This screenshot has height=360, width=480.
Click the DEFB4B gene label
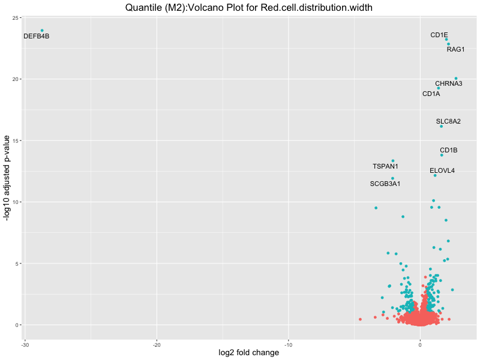pyautogui.click(x=36, y=37)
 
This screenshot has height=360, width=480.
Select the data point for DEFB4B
pyautogui.click(x=42, y=31)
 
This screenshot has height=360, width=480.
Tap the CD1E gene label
pyautogui.click(x=439, y=35)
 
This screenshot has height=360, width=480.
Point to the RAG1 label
pyautogui.click(x=455, y=49)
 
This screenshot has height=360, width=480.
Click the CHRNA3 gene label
pyautogui.click(x=449, y=83)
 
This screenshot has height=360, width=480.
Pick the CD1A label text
pyautogui.click(x=431, y=94)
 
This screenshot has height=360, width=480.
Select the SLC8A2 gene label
pyautogui.click(x=448, y=121)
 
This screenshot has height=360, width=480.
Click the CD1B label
pyautogui.click(x=449, y=150)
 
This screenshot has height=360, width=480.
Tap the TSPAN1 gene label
pyautogui.click(x=385, y=166)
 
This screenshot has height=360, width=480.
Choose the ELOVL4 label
pyautogui.click(x=442, y=170)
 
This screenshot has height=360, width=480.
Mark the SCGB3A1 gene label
pyautogui.click(x=385, y=184)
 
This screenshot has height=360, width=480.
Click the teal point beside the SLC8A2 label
pyautogui.click(x=441, y=126)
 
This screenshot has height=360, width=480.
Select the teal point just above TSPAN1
pyautogui.click(x=393, y=161)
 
